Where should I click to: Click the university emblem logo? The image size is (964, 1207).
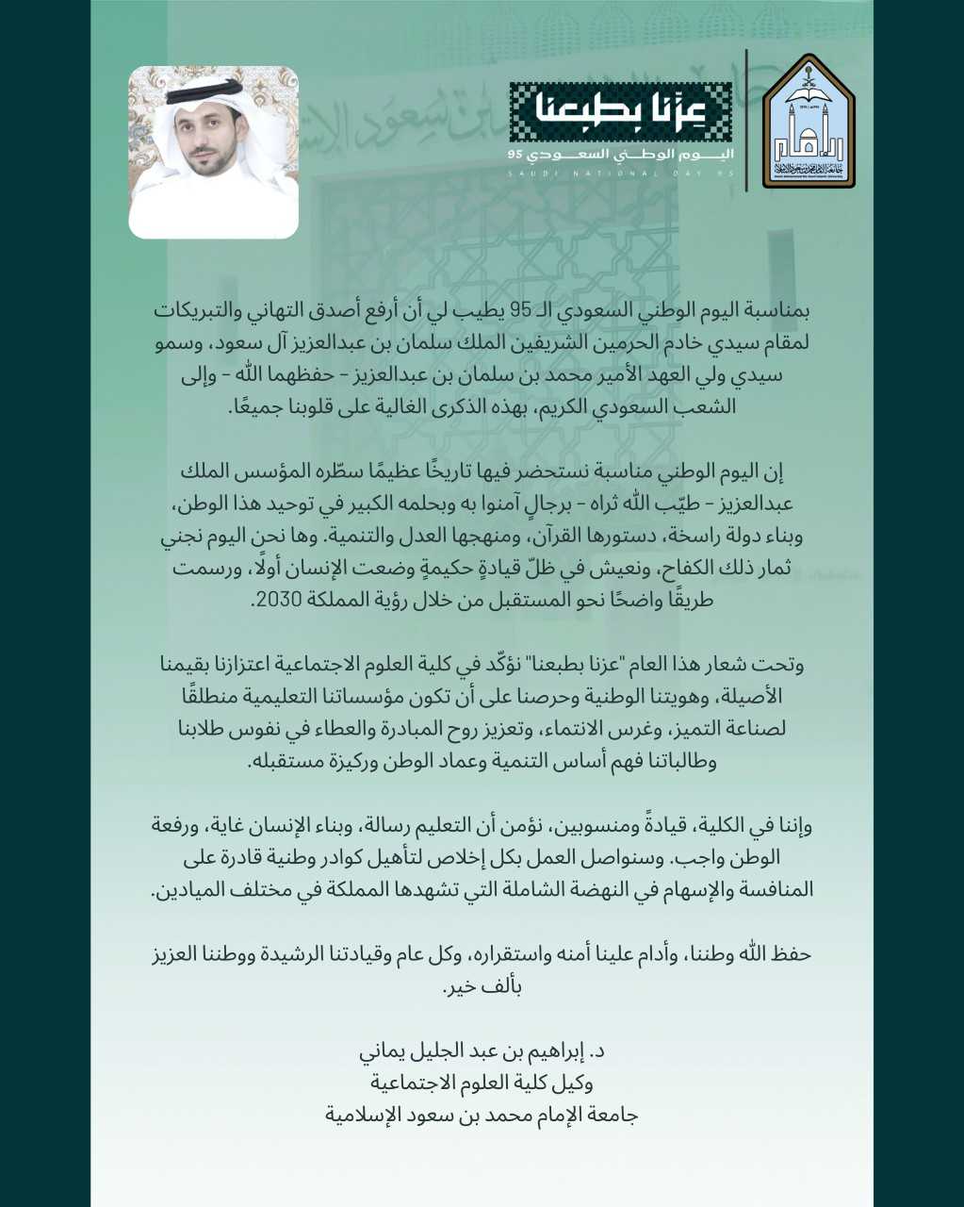[809, 121]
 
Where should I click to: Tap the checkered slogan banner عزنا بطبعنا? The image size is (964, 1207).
[620, 112]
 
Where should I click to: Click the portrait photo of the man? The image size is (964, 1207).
[214, 152]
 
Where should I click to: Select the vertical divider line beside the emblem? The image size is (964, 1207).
[746, 121]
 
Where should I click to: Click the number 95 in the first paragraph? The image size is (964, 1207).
[522, 310]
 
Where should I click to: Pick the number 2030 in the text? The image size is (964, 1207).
[277, 599]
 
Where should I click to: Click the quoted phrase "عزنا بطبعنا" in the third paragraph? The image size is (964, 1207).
[576, 665]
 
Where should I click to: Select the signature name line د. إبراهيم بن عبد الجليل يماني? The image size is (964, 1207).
[482, 1050]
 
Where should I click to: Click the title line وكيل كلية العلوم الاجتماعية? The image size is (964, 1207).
[482, 1083]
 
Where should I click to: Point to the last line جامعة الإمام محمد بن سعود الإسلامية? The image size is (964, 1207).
[482, 1115]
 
